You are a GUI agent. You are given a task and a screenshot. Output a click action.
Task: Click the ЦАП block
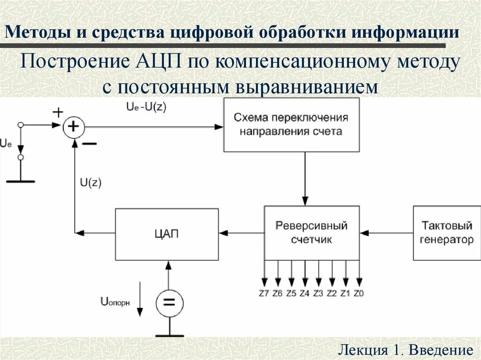167,234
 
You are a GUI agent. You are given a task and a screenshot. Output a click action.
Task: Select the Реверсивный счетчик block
311,232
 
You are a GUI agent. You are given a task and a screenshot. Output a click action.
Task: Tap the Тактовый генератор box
446,233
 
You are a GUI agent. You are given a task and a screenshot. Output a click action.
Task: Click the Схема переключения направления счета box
291,124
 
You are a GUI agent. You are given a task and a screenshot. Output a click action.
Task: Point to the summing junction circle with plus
74,127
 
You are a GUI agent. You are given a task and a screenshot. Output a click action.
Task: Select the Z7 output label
264,294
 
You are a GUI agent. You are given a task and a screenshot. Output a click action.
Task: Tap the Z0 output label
359,294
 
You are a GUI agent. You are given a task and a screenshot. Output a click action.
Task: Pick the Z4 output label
305,294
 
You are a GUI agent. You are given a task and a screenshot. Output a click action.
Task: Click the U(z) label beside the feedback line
91,183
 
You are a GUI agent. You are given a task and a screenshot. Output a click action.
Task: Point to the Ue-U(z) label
146,107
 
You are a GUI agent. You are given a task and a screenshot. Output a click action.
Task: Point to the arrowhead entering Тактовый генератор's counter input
365,232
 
